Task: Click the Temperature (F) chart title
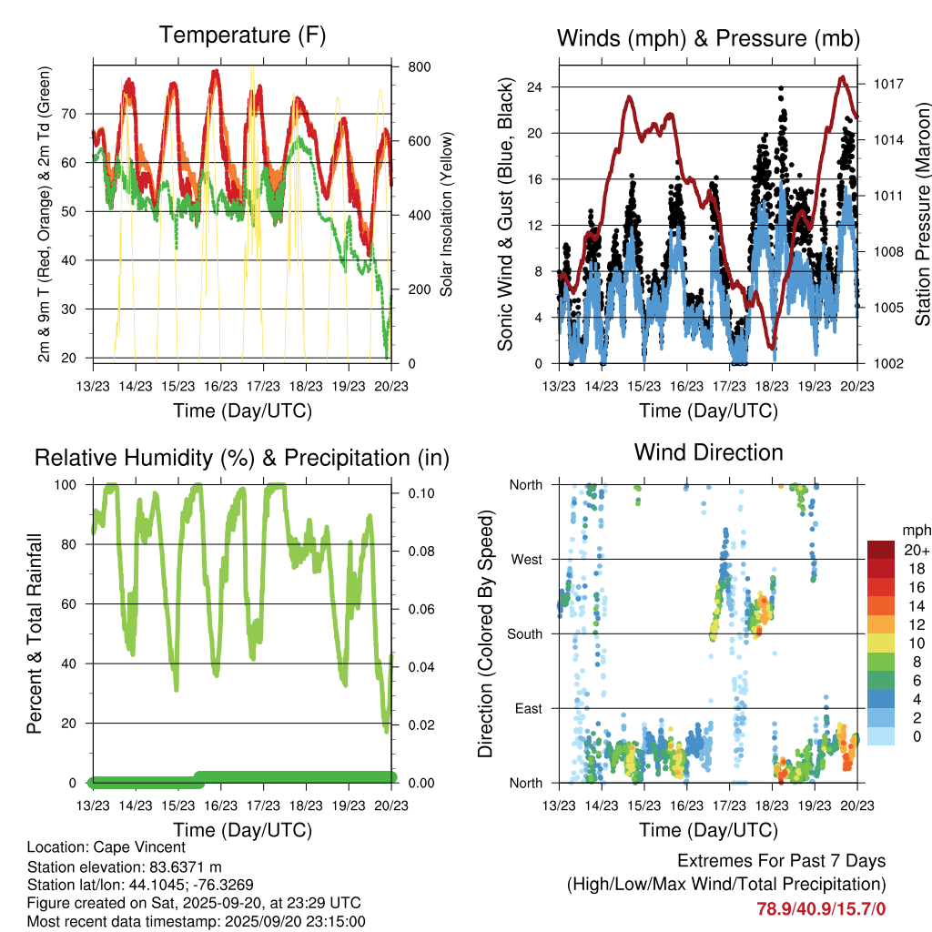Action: click(242, 35)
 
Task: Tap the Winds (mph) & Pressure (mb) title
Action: click(708, 38)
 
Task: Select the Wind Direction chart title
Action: click(708, 452)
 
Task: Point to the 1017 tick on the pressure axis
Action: click(888, 84)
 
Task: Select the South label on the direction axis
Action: click(524, 633)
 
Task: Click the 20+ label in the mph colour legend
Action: click(917, 550)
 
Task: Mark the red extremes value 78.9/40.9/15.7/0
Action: click(821, 908)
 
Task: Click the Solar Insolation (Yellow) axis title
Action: click(447, 214)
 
